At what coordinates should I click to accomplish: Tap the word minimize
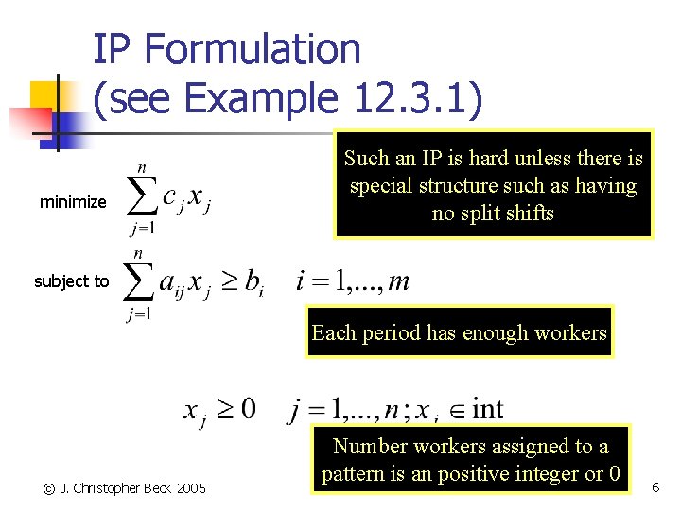pyautogui.click(x=73, y=202)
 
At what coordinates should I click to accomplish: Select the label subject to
pyautogui.click(x=72, y=280)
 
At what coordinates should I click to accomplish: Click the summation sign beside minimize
pyautogui.click(x=141, y=196)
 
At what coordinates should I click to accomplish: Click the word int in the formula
pyautogui.click(x=487, y=410)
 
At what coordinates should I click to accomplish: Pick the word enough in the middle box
pyautogui.click(x=473, y=332)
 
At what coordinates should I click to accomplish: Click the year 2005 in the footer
pyautogui.click(x=189, y=488)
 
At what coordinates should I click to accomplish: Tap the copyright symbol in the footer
pyautogui.click(x=48, y=488)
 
